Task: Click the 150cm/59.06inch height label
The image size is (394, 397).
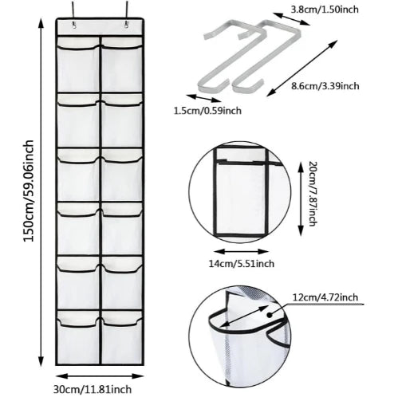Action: coord(29,191)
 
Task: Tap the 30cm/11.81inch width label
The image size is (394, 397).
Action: coord(93,389)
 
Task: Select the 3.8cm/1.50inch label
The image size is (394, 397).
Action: coord(325,10)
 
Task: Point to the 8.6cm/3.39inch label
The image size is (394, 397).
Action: coord(325,86)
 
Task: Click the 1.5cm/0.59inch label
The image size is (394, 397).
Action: coord(207,110)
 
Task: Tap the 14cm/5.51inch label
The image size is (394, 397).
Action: coord(242,264)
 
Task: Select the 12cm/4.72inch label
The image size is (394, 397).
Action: coord(325,297)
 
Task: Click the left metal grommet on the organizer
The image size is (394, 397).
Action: coord(73,26)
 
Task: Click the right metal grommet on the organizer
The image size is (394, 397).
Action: coord(126,26)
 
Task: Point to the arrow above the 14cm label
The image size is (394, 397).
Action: coord(242,251)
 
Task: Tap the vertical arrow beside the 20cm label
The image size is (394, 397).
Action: coord(301,198)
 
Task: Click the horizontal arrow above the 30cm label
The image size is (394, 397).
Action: coord(100,376)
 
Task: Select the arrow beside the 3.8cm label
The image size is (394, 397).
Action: coord(292,18)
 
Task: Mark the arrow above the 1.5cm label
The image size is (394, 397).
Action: coord(203,98)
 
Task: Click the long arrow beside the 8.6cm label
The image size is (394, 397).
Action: coord(302,68)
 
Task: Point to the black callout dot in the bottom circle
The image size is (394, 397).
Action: coord(270,315)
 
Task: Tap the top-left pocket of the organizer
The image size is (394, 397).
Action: coord(79,65)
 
